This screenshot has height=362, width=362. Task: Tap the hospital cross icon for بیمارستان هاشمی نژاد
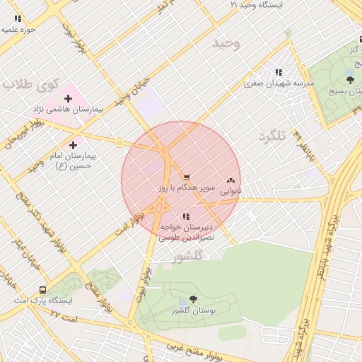(x=68, y=98)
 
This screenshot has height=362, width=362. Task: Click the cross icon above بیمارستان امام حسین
(x=73, y=144)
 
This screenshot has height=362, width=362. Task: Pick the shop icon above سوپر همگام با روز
(x=187, y=178)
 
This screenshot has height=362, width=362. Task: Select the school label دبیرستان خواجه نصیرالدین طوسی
(x=186, y=233)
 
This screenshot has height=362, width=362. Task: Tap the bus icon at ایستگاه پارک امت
(x=44, y=290)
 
